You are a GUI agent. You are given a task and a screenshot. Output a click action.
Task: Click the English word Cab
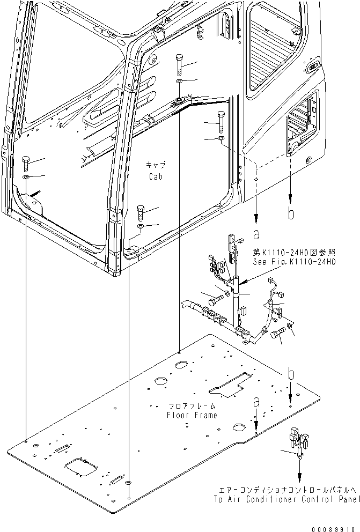[x=156, y=176]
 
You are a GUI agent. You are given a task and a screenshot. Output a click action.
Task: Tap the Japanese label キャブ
[x=156, y=165]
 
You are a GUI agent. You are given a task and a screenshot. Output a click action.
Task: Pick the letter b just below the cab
[x=291, y=213]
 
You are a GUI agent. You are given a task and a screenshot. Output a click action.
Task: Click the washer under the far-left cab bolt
[x=26, y=176]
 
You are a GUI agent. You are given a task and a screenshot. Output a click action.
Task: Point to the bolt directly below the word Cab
[x=140, y=213]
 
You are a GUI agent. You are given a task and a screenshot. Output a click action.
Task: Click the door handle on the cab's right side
[x=311, y=68]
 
